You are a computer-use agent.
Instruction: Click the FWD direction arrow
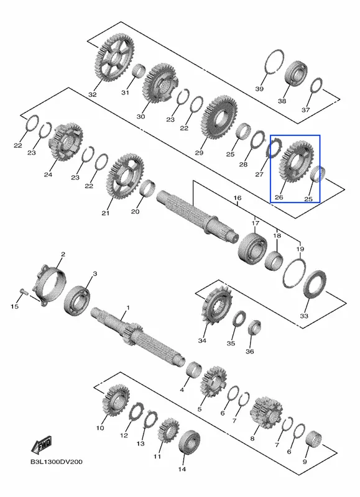pyautogui.click(x=41, y=445)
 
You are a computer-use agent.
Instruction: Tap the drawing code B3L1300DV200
pyautogui.click(x=56, y=462)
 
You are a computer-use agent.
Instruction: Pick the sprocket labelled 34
pyautogui.click(x=216, y=304)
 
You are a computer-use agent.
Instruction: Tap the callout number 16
pyautogui.click(x=238, y=198)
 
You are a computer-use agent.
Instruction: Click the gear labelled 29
pyautogui.click(x=219, y=117)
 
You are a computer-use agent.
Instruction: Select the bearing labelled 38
pyautogui.click(x=295, y=73)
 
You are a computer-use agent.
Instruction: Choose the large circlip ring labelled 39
pyautogui.click(x=274, y=62)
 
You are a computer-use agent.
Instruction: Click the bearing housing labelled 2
pyautogui.click(x=52, y=285)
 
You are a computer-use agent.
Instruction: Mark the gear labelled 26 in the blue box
pyautogui.click(x=296, y=162)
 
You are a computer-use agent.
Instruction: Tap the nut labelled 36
pyautogui.click(x=254, y=328)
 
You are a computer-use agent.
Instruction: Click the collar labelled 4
pyautogui.click(x=194, y=369)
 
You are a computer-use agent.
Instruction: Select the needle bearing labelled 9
pyautogui.click(x=314, y=438)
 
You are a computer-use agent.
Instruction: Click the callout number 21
pyautogui.click(x=106, y=213)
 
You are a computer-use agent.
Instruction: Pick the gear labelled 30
pyautogui.click(x=160, y=83)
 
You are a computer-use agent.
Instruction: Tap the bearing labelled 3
pyautogui.click(x=77, y=300)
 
